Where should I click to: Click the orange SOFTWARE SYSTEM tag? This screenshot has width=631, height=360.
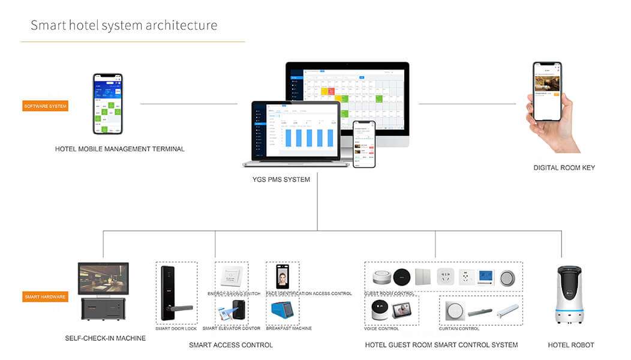[x=46, y=106]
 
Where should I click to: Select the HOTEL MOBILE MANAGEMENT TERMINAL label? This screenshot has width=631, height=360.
[x=119, y=149]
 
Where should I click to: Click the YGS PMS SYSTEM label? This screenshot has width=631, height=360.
[x=281, y=179]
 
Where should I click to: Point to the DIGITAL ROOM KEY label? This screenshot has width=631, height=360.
[x=564, y=167]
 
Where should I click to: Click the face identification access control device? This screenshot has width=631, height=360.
[x=281, y=277]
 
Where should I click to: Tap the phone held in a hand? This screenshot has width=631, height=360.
[x=547, y=91]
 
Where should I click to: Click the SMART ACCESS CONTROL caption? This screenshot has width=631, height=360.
[x=230, y=345]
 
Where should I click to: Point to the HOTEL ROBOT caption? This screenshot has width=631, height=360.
[x=570, y=345]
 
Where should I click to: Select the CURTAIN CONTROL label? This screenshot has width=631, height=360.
[x=459, y=329]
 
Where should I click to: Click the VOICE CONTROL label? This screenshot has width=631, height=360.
[x=381, y=329]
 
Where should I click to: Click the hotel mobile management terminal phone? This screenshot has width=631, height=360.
[x=107, y=104]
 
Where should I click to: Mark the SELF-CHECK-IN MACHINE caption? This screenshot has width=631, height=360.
[x=105, y=338]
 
